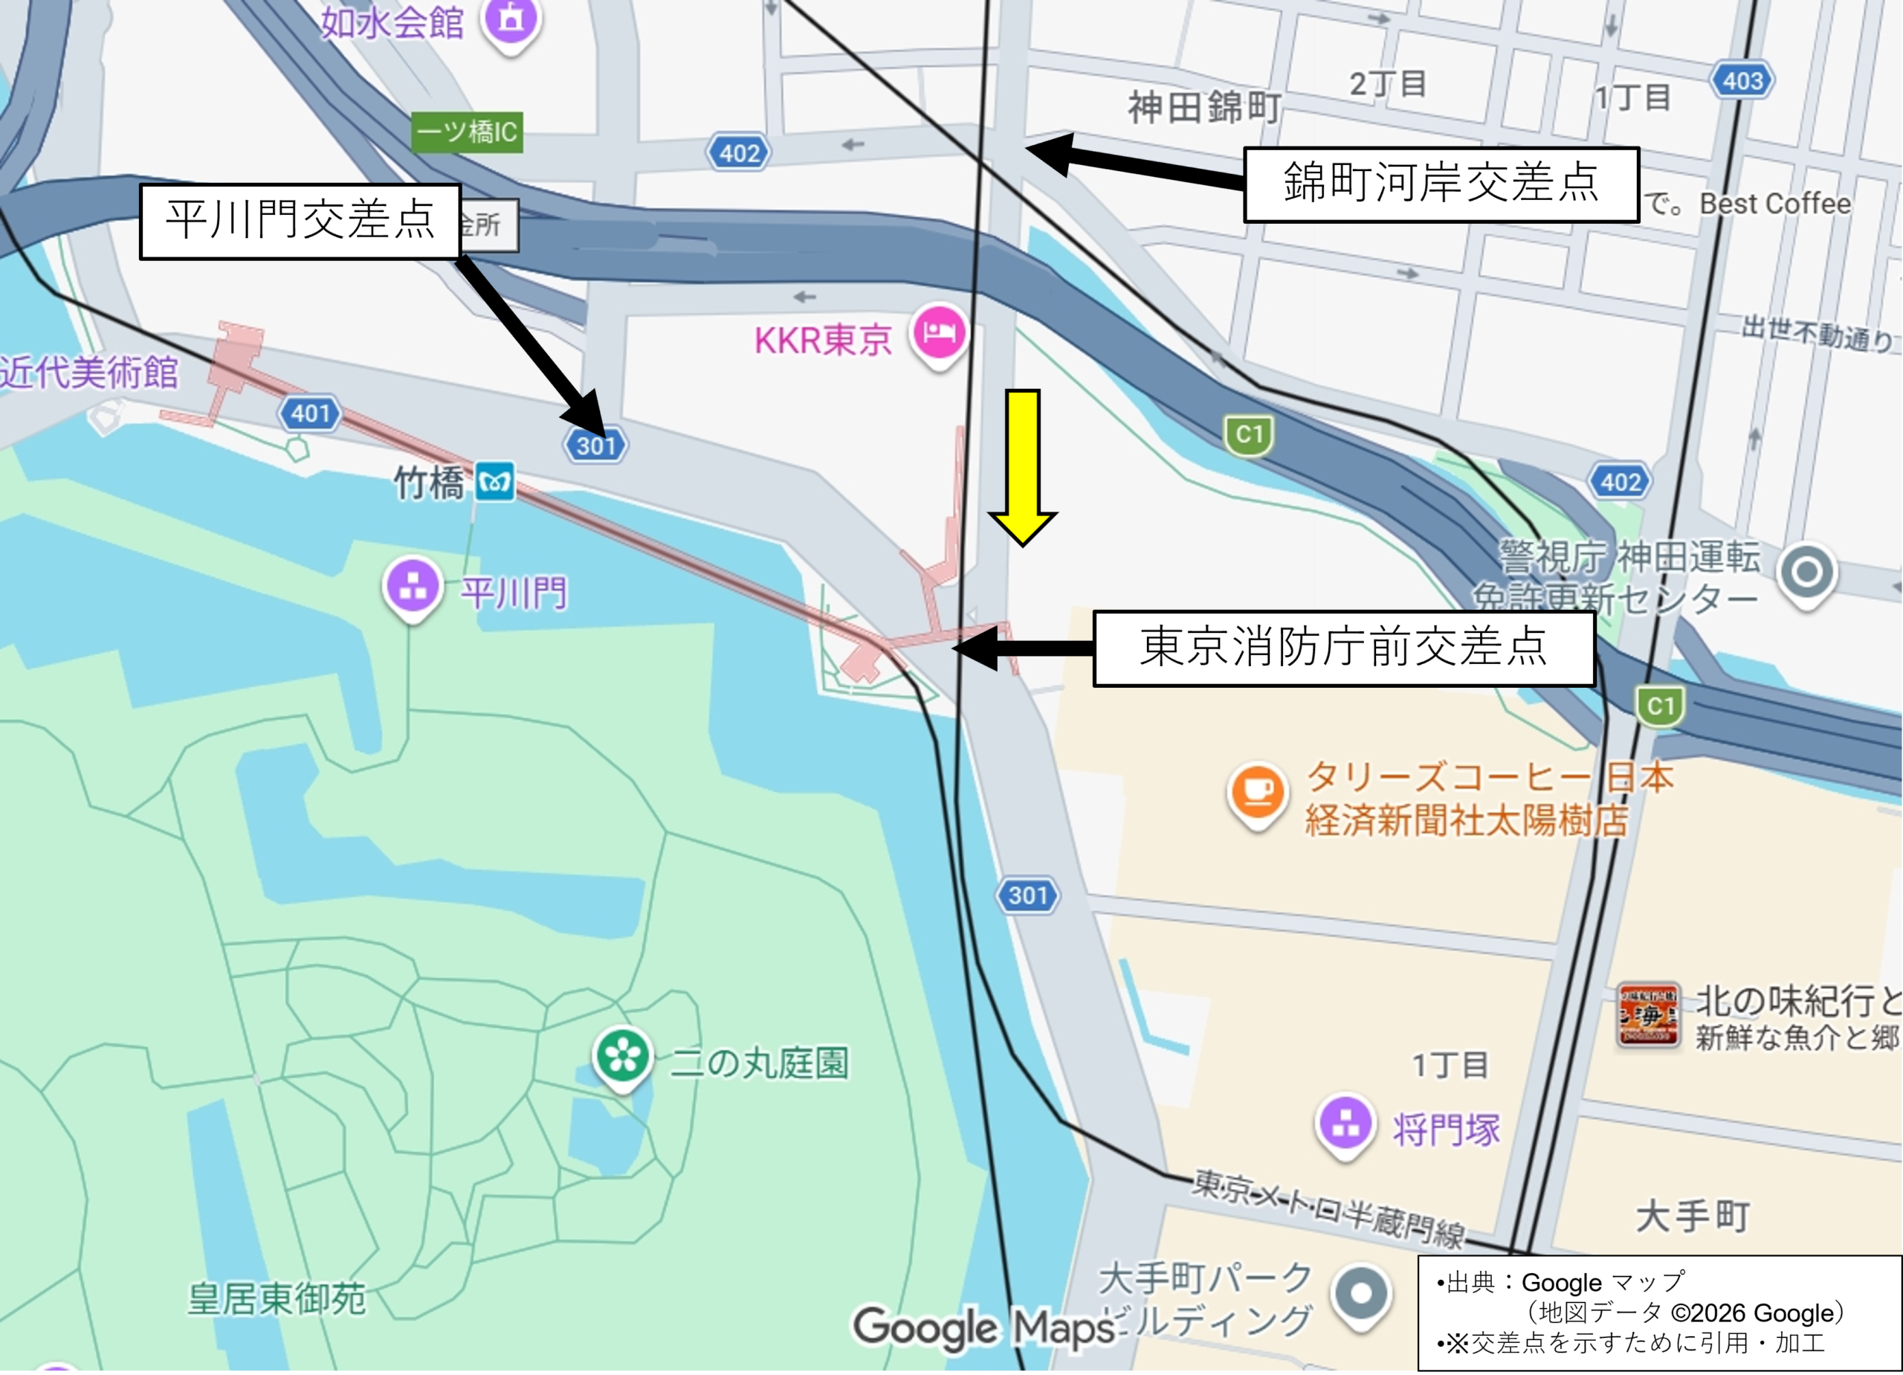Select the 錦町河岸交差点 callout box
(x=1441, y=184)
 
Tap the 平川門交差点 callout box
(x=300, y=221)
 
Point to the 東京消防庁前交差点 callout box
(x=1343, y=648)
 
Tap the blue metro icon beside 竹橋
(x=494, y=483)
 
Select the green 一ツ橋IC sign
(x=468, y=132)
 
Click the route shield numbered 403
(x=1742, y=81)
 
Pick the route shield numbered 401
(x=310, y=413)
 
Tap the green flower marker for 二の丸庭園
(x=623, y=1057)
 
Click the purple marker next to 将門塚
(x=1345, y=1123)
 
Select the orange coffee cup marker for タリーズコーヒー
(x=1256, y=791)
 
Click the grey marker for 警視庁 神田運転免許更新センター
(x=1806, y=573)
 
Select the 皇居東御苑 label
(x=276, y=1298)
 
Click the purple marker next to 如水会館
(x=511, y=20)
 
